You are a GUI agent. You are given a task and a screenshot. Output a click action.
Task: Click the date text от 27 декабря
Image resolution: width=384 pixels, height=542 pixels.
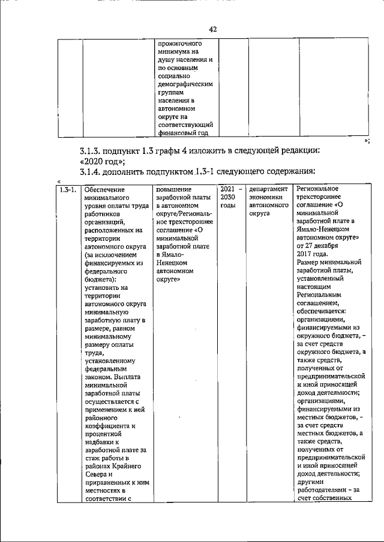[317, 246]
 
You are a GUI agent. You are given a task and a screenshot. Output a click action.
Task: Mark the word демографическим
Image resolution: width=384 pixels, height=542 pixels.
[182, 85]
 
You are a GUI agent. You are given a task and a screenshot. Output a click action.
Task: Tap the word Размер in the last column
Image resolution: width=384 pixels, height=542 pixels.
[309, 262]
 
